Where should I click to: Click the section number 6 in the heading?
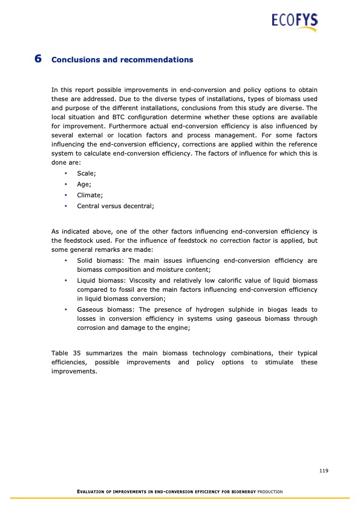point(38,59)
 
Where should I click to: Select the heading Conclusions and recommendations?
point(122,60)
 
